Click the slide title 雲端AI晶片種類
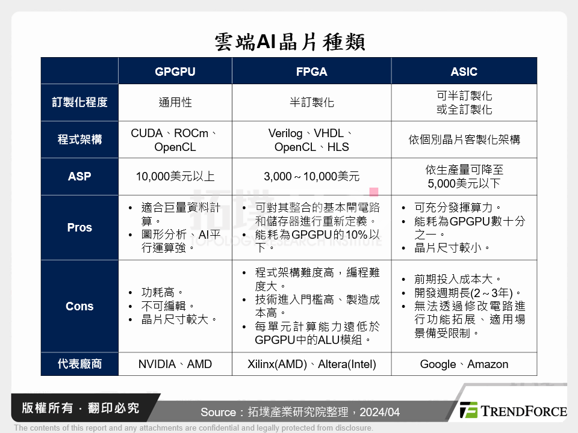click(x=289, y=42)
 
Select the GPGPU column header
click(x=175, y=72)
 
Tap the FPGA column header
click(x=311, y=72)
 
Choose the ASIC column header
click(x=464, y=72)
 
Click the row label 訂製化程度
click(x=79, y=102)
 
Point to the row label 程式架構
click(x=79, y=140)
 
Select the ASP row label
click(x=79, y=177)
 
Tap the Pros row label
click(x=79, y=228)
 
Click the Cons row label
click(x=79, y=306)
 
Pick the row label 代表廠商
click(x=79, y=364)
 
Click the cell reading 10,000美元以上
click(x=175, y=177)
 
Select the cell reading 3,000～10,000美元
click(x=311, y=177)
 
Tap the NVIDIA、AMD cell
click(x=175, y=364)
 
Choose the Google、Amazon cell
click(x=464, y=364)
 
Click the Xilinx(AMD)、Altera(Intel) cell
click(x=311, y=364)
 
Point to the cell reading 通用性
click(x=175, y=102)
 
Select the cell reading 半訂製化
click(x=311, y=102)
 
